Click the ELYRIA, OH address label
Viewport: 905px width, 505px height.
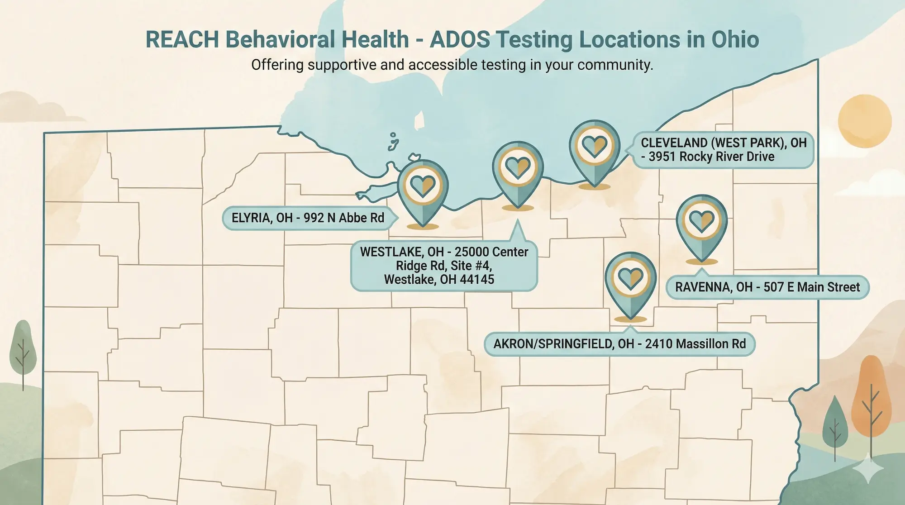tap(308, 218)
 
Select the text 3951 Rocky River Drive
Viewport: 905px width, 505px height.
tap(711, 157)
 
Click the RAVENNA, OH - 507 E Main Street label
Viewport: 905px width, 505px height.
tap(767, 287)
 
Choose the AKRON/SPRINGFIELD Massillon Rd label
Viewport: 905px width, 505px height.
tap(619, 344)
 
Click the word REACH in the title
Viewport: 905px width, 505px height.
tap(182, 40)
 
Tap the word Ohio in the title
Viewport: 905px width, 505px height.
tap(735, 40)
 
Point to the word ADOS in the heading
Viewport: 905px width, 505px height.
tap(460, 40)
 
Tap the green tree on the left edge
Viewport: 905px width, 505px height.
tap(23, 348)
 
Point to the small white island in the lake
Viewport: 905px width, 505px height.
tap(419, 120)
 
